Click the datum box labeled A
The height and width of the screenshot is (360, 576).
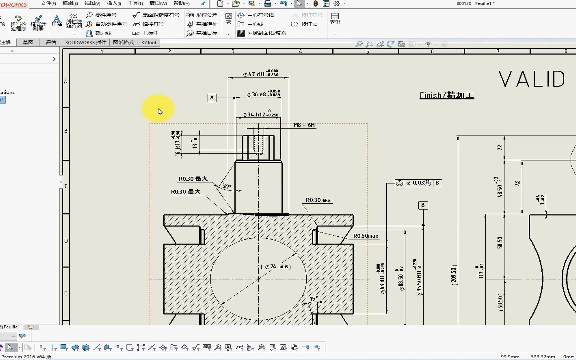click(x=212, y=98)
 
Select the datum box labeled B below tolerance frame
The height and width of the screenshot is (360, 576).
click(x=423, y=205)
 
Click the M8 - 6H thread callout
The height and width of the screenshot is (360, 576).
click(x=304, y=125)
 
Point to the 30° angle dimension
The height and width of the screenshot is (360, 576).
click(x=227, y=186)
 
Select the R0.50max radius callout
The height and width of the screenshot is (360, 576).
click(x=366, y=236)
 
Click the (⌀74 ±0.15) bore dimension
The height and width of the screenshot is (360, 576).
click(x=276, y=267)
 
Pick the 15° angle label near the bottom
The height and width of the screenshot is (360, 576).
click(x=314, y=298)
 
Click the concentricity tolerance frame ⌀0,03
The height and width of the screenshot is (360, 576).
click(x=418, y=183)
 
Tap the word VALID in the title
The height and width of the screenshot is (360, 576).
click(x=531, y=79)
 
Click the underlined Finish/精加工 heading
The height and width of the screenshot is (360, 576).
click(x=446, y=95)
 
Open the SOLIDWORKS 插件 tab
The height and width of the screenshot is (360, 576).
click(x=86, y=42)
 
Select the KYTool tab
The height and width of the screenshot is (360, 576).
click(x=148, y=42)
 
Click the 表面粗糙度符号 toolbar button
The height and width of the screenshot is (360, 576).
click(x=156, y=15)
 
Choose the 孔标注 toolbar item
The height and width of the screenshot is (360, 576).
click(x=146, y=33)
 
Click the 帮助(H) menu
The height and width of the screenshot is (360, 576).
click(x=182, y=3)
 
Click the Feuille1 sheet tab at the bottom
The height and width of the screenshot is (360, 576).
click(x=11, y=327)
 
